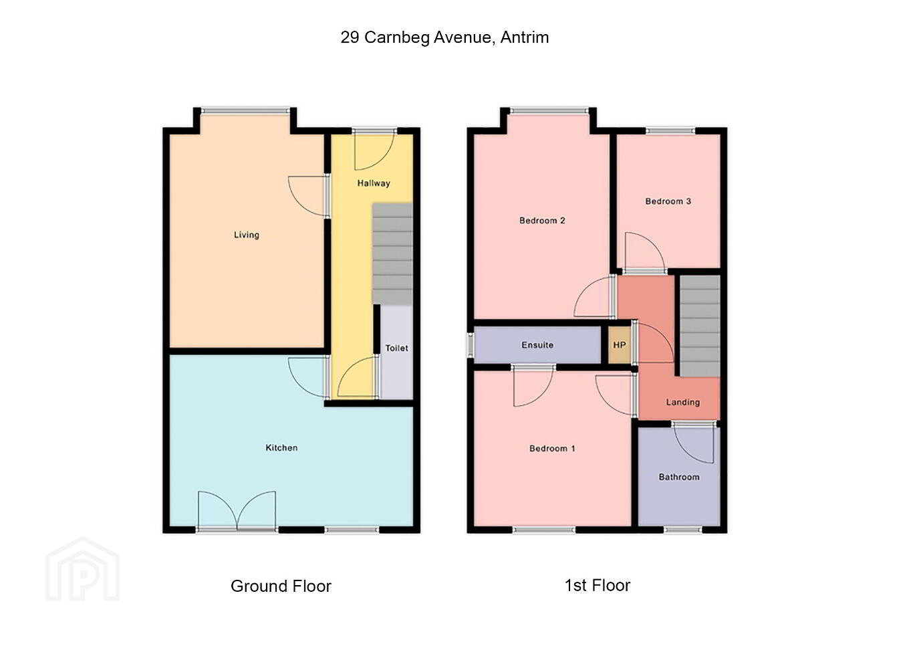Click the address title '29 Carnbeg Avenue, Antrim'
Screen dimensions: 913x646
444,37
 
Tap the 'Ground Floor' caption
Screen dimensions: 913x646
281,586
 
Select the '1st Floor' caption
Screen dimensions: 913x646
597,586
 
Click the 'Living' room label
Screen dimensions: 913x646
247,235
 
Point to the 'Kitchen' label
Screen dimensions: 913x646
281,448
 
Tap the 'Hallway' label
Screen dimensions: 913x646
374,183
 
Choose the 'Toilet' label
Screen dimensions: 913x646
396,348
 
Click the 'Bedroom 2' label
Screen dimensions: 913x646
542,221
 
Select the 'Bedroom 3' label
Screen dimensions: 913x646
668,201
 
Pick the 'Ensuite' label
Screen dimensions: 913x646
537,345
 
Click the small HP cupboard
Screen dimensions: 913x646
620,345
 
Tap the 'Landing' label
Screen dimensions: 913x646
682,403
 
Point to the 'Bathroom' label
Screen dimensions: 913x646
679,477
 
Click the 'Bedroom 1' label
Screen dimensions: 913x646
552,449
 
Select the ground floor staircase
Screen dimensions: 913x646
392,254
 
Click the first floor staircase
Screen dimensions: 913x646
700,326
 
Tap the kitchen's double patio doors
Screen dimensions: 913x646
237,512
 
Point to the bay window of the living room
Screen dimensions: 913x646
245,110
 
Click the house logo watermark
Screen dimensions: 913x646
83,569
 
